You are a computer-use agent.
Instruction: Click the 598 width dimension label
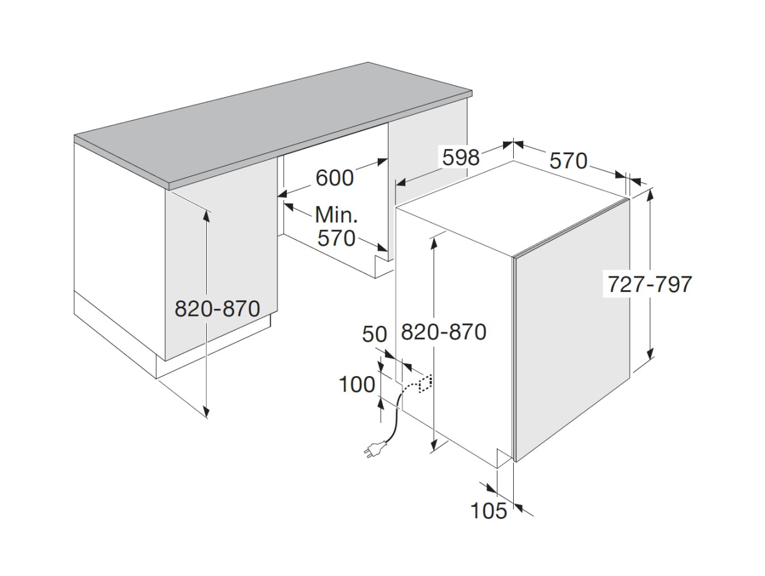click(461, 157)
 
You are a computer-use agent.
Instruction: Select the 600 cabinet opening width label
click(335, 178)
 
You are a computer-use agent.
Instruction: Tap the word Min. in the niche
click(336, 214)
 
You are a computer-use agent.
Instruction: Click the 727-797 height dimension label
click(650, 284)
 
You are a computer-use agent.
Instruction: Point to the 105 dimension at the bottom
click(489, 511)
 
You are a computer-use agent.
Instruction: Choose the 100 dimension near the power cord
click(357, 385)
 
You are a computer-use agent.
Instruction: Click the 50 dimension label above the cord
click(375, 334)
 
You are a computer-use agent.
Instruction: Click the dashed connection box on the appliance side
click(425, 384)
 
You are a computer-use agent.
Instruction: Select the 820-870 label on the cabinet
click(217, 308)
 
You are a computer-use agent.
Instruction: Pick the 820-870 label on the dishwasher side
click(444, 332)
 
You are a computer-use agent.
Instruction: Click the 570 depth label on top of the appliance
click(568, 160)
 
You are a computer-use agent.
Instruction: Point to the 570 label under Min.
click(336, 239)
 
